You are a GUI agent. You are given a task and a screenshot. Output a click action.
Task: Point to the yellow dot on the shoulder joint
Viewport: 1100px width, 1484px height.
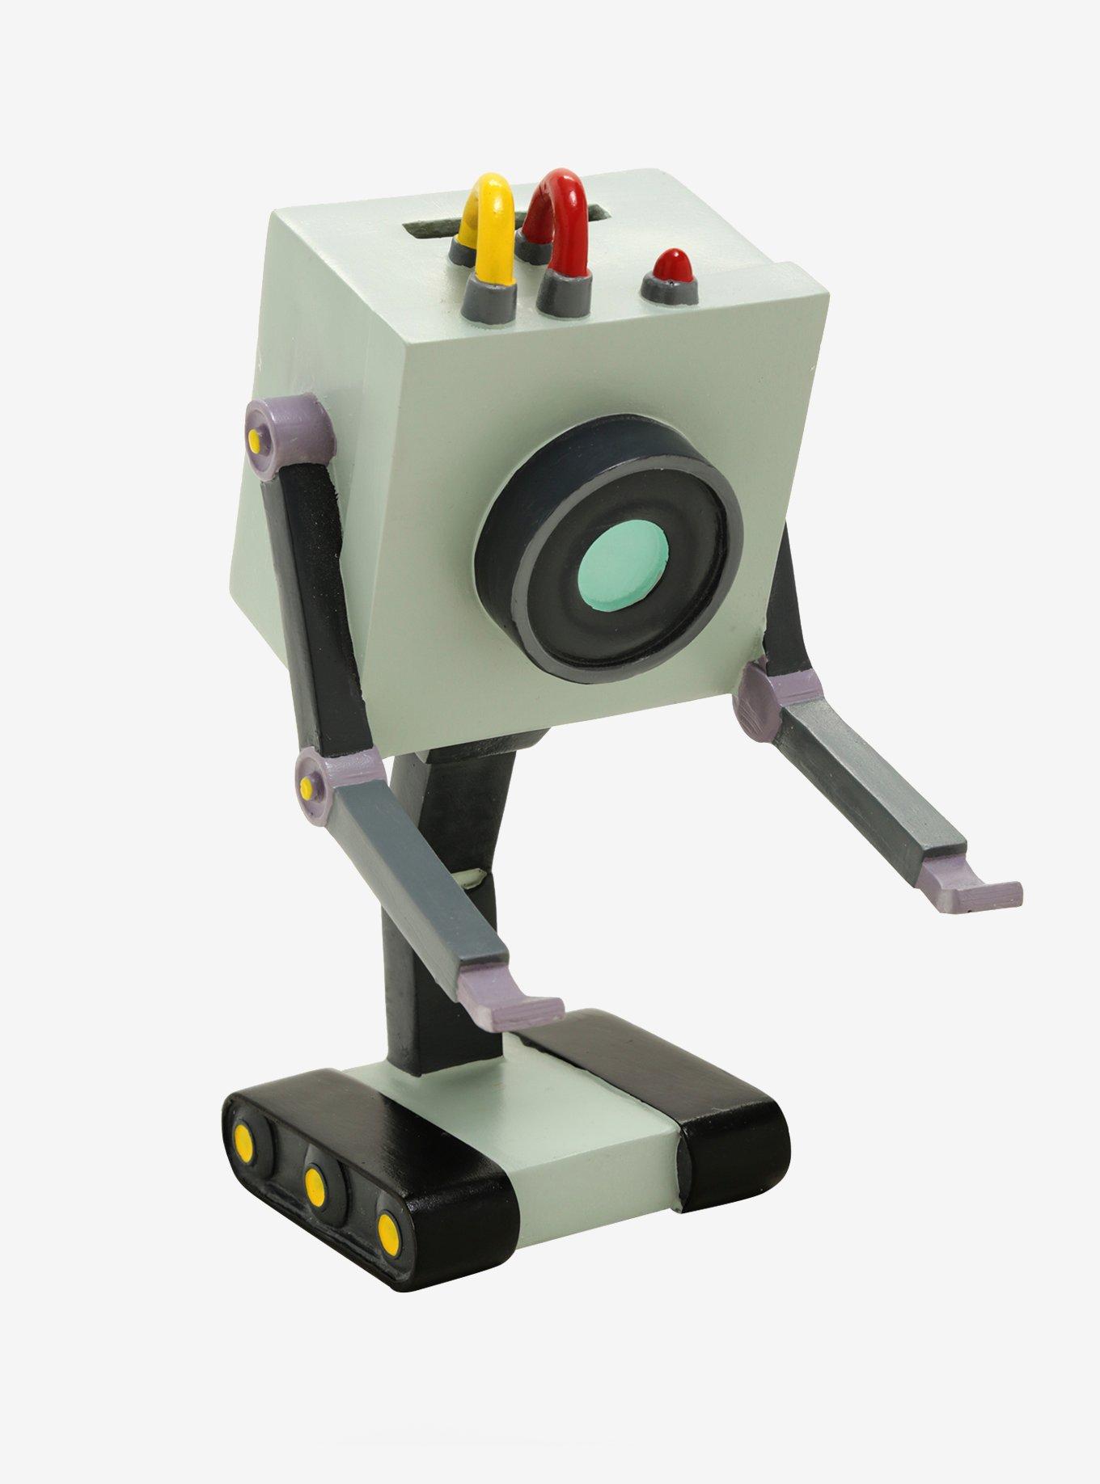click(254, 440)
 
